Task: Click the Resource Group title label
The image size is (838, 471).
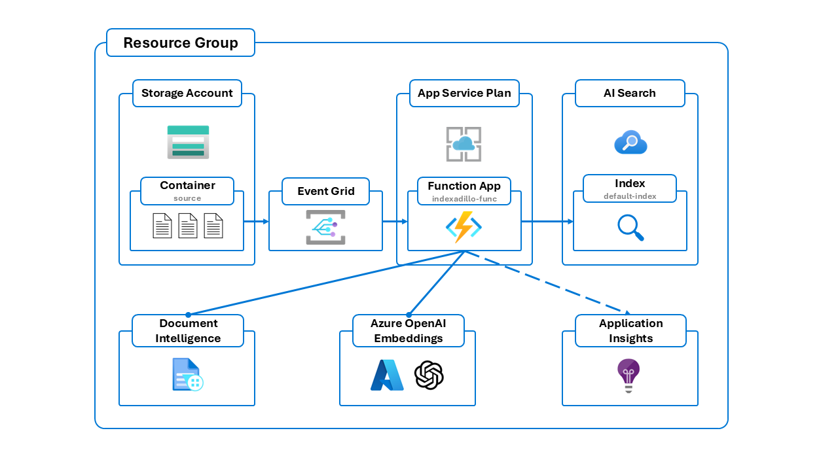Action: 181,43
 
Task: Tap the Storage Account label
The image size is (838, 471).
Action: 187,93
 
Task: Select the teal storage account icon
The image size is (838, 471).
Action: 188,142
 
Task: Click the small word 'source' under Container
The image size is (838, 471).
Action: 187,198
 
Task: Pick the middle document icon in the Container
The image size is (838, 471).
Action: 188,226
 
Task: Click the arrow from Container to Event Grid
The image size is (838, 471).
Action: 256,222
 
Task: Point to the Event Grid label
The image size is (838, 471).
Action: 325,191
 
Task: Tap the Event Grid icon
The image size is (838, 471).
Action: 325,227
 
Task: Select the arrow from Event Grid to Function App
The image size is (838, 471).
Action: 395,222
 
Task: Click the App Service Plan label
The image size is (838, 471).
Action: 464,93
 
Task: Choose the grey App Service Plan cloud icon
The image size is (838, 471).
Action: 464,144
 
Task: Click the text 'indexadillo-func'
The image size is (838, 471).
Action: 464,198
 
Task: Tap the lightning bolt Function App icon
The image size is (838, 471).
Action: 464,227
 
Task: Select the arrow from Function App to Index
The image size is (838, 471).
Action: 547,222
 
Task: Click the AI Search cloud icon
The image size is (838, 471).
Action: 630,142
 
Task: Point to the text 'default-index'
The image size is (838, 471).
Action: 630,196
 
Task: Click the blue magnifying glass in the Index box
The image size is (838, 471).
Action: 630,227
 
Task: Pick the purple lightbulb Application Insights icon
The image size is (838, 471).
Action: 628,375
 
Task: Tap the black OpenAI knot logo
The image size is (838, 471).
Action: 429,375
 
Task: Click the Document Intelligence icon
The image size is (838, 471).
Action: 187,375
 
